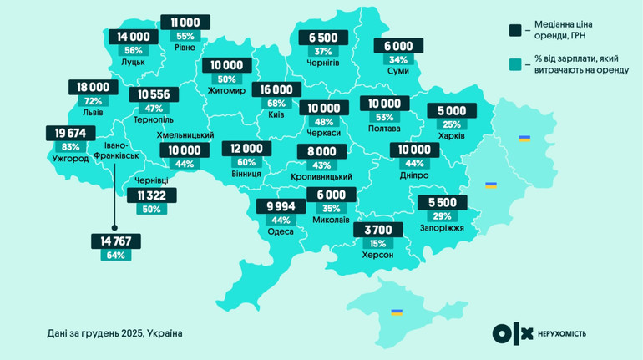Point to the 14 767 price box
[116, 241]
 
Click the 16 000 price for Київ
[276, 89]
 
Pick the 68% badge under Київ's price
[276, 104]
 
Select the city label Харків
[452, 135]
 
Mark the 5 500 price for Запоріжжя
[442, 202]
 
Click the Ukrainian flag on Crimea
[397, 312]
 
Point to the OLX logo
[512, 333]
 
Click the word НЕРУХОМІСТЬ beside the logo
[562, 334]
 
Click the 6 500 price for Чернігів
[323, 38]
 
